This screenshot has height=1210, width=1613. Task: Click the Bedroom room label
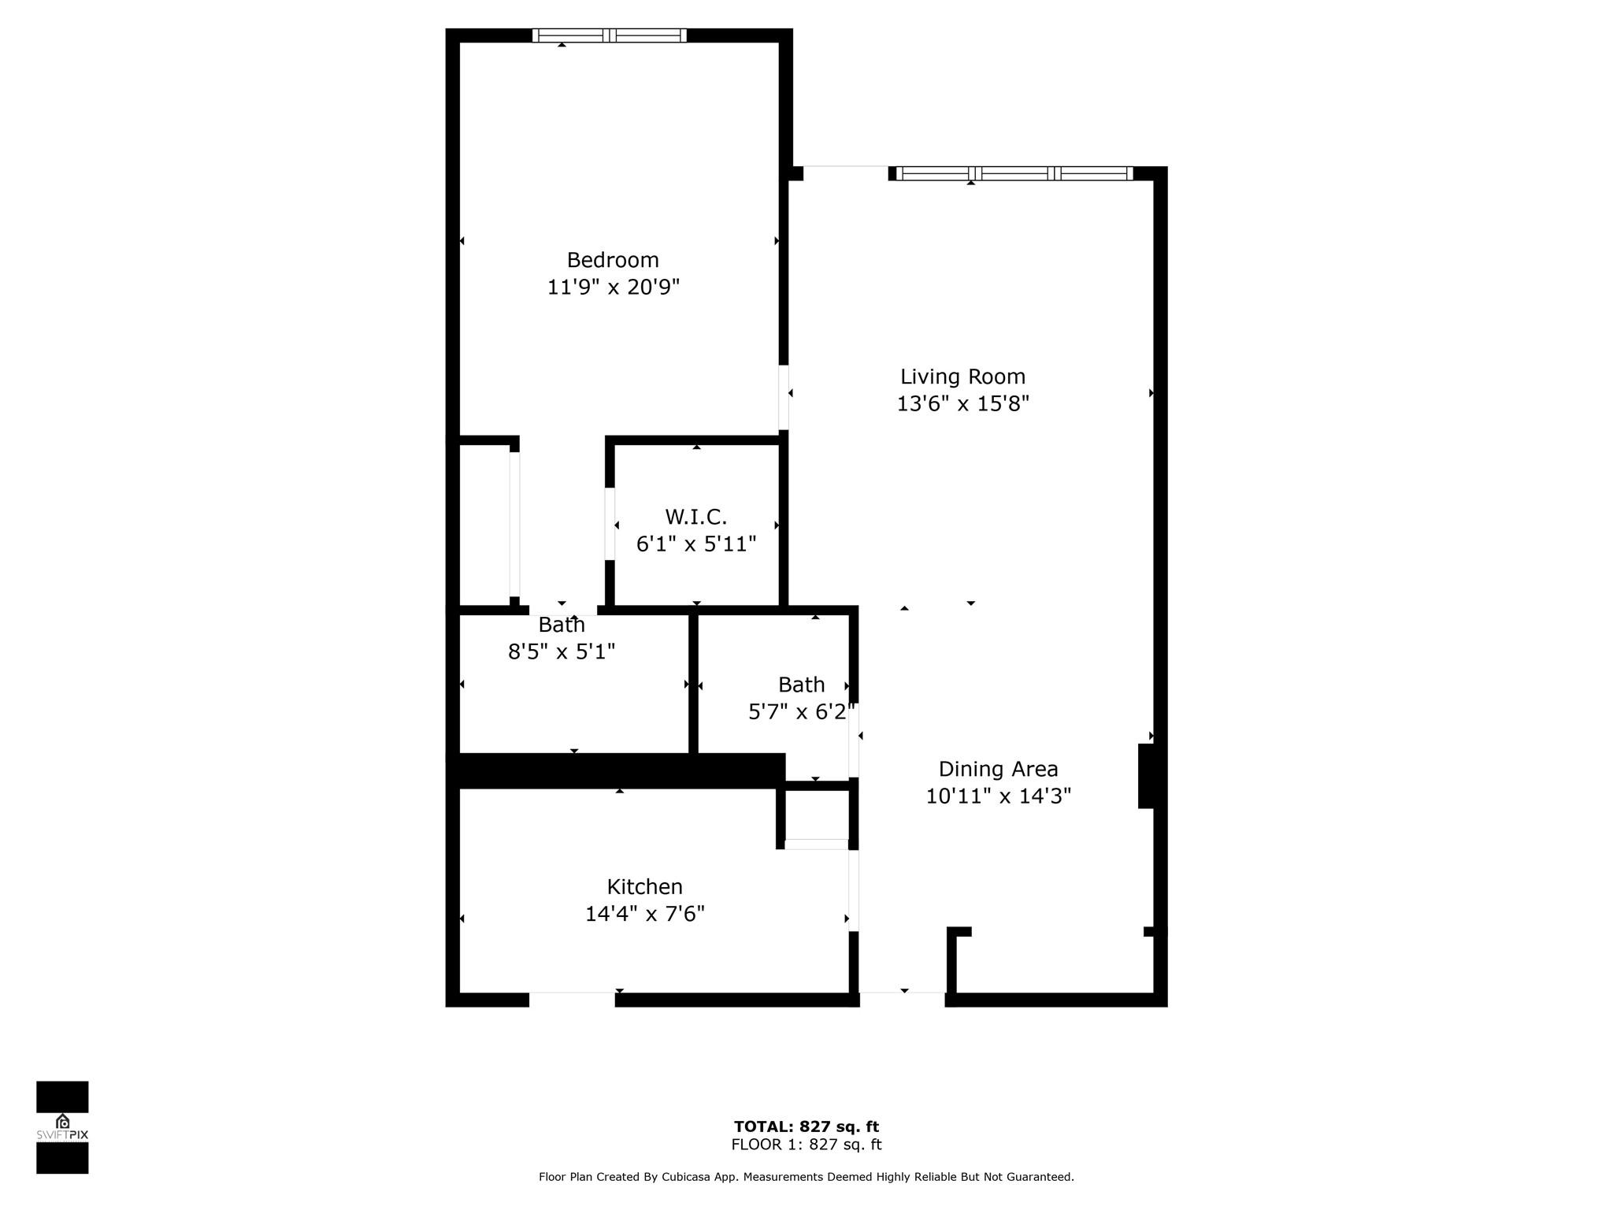tap(613, 260)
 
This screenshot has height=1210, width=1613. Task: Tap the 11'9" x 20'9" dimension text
tap(613, 287)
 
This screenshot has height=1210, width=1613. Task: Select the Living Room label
tap(962, 377)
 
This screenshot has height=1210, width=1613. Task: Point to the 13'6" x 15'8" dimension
tap(962, 403)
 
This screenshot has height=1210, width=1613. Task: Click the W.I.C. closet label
tap(695, 517)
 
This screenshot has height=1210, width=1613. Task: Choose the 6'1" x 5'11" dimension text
tap(695, 544)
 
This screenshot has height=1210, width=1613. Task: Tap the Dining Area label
tap(998, 769)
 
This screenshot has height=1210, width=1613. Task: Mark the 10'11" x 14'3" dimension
tap(998, 796)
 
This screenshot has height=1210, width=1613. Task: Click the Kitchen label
tap(644, 887)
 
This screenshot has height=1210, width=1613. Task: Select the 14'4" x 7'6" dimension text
tap(644, 914)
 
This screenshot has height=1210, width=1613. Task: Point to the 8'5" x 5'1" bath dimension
tap(561, 651)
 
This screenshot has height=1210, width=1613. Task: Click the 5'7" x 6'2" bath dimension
tap(801, 712)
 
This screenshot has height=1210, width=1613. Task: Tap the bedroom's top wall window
tap(609, 35)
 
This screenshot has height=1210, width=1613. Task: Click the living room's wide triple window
tap(1014, 173)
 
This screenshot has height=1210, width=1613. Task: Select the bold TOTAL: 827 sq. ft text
tap(806, 1126)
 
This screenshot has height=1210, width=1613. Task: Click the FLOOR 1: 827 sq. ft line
tap(806, 1145)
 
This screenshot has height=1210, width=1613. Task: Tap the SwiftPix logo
tap(62, 1127)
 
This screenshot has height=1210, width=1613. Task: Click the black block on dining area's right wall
tap(1146, 776)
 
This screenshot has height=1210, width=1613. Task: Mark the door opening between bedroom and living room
tap(784, 397)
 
